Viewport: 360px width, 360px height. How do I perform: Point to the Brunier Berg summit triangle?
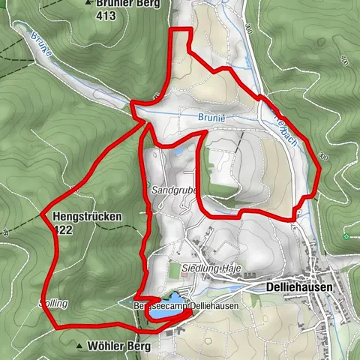click(90, 3)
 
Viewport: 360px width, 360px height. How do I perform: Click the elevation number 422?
click(63, 230)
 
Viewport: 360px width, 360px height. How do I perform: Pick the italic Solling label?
click(52, 303)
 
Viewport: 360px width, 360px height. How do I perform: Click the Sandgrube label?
click(173, 190)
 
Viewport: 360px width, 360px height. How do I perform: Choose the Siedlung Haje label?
click(203, 268)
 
